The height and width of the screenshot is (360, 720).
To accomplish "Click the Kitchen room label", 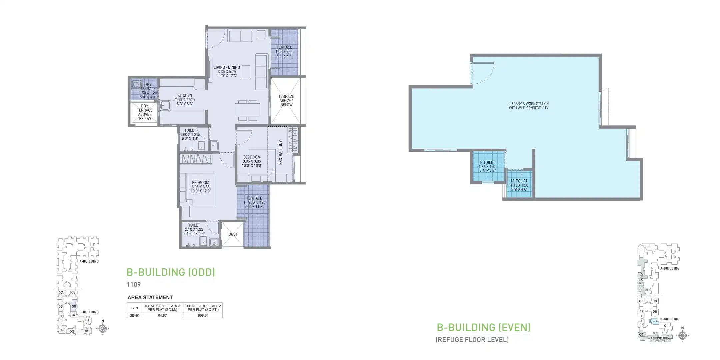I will [x=185, y=99].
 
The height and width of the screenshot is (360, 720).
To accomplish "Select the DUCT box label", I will [x=233, y=234].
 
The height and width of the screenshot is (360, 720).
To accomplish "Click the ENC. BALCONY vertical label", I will [x=281, y=152].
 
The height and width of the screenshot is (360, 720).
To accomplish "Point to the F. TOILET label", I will [x=487, y=166].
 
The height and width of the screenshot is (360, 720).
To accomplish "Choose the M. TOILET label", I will [x=519, y=185].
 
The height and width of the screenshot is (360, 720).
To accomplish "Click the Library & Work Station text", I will [x=528, y=106].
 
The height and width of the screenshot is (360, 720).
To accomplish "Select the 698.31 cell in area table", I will [x=203, y=315].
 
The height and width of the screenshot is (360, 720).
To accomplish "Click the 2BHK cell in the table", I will [x=134, y=315].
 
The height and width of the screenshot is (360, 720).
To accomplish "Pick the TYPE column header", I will [x=134, y=308].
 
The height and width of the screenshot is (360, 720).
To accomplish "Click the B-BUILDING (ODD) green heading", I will [x=171, y=272].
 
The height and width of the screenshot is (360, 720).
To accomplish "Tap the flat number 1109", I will [x=134, y=285].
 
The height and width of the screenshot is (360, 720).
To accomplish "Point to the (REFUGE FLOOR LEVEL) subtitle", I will [x=472, y=340].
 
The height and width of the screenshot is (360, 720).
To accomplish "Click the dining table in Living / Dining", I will [x=247, y=110].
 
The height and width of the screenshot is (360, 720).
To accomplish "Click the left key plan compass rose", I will [x=103, y=328].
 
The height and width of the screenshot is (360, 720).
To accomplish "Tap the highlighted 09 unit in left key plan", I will [x=74, y=306].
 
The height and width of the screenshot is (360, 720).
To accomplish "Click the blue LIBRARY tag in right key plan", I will [x=653, y=321].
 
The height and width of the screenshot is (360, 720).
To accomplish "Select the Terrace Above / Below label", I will [x=286, y=100].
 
